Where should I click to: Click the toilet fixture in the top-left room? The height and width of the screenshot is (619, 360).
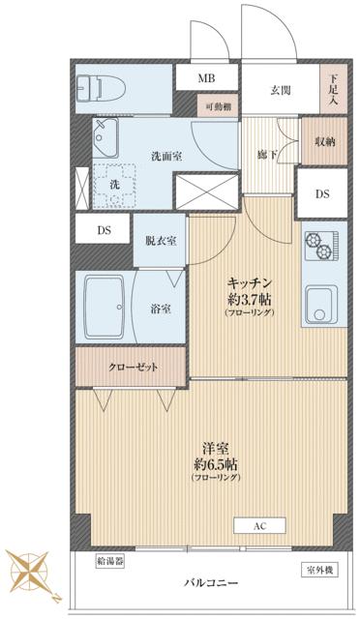coord(101,89)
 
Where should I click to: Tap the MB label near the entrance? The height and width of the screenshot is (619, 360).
coord(207,78)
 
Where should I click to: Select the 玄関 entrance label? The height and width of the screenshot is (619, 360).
coord(281,90)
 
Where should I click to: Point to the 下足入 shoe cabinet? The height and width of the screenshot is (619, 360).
coord(333,89)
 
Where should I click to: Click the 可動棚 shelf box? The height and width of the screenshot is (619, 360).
coord(218,105)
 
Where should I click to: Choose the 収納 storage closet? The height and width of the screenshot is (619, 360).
coord(324,141)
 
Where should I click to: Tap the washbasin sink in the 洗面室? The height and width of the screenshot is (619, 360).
coord(105,138)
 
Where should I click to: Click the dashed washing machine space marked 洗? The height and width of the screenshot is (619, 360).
coord(114,186)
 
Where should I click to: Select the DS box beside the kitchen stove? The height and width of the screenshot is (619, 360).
coord(322,193)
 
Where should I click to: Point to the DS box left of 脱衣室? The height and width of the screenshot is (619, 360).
coord(103,229)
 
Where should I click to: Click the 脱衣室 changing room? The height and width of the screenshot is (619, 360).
coord(160,241)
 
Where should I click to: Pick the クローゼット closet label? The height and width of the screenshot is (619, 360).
coord(134,368)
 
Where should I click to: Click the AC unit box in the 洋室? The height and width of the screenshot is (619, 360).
coord(259,526)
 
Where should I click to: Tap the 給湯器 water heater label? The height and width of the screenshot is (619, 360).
coord(110,561)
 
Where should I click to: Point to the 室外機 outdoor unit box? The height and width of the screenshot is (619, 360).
coord(319,570)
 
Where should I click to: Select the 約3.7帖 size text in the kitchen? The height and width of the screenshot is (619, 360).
coord(249,300)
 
